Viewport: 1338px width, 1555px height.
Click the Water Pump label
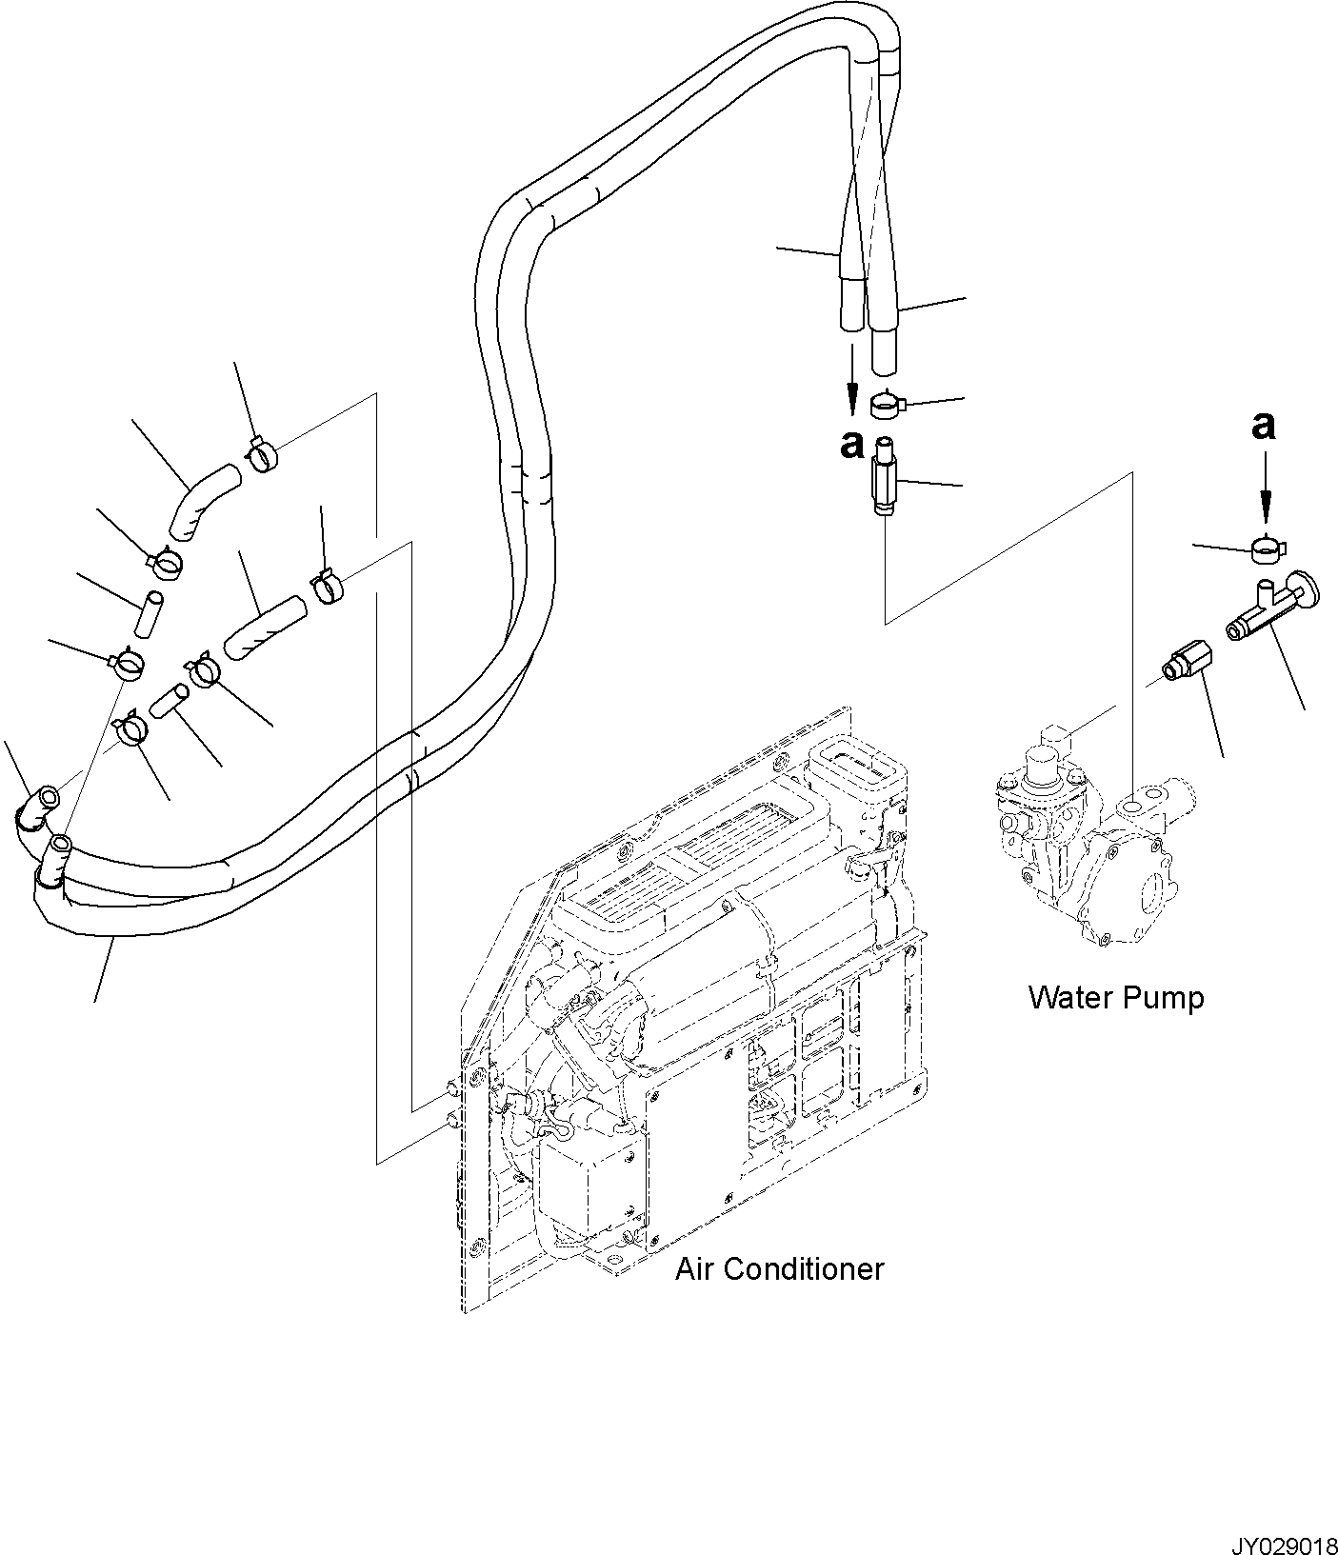point(1115,998)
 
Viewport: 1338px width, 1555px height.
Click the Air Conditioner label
point(779,1268)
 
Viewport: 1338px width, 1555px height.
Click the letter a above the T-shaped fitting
point(1263,426)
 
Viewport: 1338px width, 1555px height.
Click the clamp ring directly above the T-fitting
point(1266,548)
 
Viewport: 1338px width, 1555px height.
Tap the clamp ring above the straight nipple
point(888,406)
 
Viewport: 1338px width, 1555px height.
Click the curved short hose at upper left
point(204,499)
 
